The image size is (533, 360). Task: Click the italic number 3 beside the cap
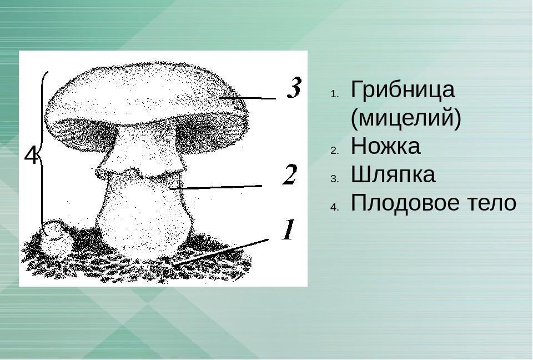click(x=294, y=87)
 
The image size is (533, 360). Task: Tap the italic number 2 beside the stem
click(x=290, y=174)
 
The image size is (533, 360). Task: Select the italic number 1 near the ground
click(x=288, y=229)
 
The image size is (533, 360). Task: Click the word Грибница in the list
click(x=403, y=89)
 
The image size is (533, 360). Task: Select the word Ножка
click(x=385, y=146)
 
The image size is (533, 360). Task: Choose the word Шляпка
click(x=393, y=174)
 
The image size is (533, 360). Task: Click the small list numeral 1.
click(x=334, y=94)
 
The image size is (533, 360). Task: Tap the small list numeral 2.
click(x=334, y=151)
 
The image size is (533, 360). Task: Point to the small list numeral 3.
click(x=334, y=179)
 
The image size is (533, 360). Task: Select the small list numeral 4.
click(x=334, y=207)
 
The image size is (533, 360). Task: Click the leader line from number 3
click(x=248, y=98)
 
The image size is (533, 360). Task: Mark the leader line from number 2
click(x=216, y=187)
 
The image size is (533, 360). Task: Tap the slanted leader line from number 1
click(x=220, y=252)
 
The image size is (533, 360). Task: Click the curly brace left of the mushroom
click(x=43, y=153)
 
